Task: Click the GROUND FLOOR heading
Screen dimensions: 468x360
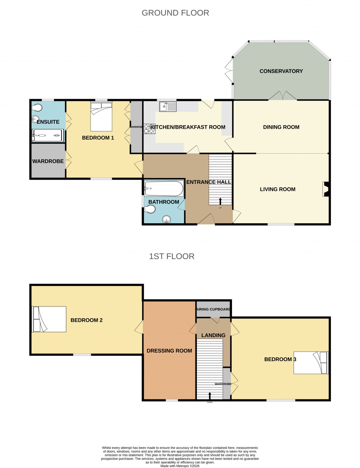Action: coord(175,13)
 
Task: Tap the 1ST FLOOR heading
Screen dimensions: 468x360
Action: coord(172,256)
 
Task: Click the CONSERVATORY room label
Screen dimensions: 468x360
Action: coord(281,71)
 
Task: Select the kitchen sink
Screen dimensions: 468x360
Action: coord(167,106)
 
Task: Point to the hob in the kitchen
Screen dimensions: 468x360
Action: coord(149,128)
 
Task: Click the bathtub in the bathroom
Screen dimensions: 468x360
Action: coord(164,190)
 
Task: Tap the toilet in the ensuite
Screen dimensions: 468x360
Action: coord(37,108)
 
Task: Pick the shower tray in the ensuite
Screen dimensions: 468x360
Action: coord(48,135)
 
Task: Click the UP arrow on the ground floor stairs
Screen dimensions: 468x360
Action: coord(220,201)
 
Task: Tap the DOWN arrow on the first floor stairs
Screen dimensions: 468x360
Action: coord(210,395)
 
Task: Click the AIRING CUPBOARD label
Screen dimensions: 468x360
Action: coord(213,309)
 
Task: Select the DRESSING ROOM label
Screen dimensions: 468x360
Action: coord(169,351)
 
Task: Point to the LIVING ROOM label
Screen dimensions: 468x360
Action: coord(277,189)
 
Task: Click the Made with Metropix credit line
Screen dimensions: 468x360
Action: coord(180,466)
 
